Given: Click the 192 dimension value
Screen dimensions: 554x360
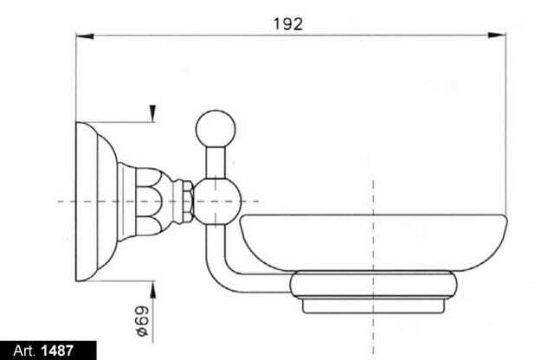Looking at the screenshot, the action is tap(288, 24).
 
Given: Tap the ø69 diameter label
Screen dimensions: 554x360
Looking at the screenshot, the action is tap(142, 321).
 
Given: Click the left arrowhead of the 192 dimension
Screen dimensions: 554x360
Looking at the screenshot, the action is tap(85, 35).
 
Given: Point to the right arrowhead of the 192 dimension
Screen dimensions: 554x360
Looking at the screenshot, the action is tap(497, 35).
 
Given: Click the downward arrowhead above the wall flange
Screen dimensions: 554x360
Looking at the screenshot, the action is tap(152, 113).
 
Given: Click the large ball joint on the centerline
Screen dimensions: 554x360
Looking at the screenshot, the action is tap(217, 201).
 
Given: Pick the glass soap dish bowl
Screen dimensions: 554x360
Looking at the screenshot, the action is tap(373, 242).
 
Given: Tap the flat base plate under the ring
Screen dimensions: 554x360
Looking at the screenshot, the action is tap(373, 306).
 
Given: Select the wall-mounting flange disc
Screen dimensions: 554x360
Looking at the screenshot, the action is tap(96, 202).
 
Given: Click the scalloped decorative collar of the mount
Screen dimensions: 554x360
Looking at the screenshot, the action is tap(154, 202).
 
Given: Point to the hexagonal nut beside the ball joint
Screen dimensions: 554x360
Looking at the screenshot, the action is tap(187, 202).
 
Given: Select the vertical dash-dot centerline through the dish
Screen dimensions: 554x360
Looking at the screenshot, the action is tap(373, 267).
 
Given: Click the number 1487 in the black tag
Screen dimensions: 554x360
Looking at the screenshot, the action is tap(57, 350).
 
